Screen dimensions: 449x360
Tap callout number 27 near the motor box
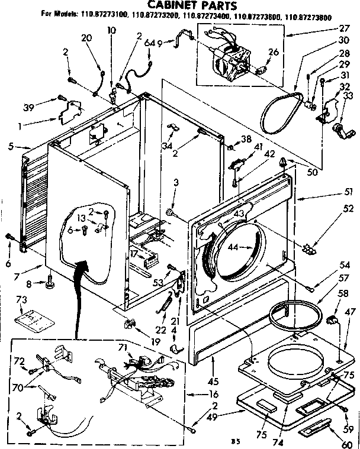344,27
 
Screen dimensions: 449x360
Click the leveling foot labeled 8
50,286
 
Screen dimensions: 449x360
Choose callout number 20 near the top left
86,38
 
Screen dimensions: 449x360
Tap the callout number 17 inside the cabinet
135,254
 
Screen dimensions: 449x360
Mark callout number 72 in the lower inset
20,360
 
